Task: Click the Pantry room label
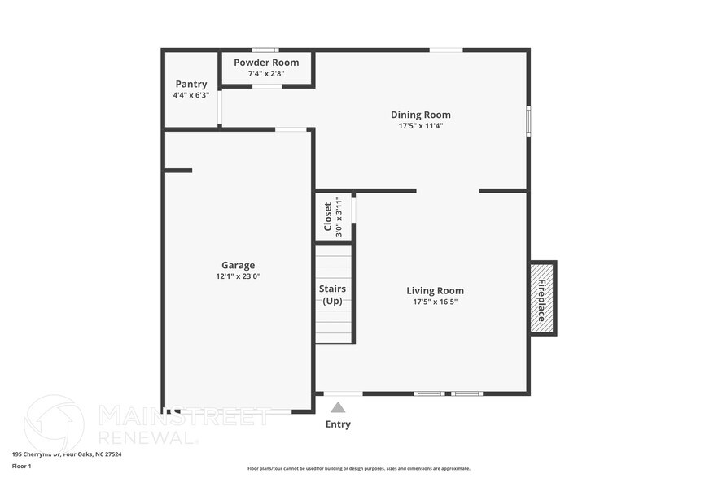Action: pos(191,84)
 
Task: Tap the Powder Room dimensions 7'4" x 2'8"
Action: pos(266,74)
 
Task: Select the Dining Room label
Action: pos(420,115)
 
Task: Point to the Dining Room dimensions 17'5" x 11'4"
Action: pos(420,126)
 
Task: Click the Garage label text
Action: pos(238,265)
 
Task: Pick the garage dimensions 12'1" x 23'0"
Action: pos(238,276)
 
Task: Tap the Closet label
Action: pos(328,216)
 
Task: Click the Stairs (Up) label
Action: pos(332,295)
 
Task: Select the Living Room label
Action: pos(435,290)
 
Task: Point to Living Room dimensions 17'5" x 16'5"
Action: pos(435,302)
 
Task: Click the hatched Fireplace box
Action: pos(542,298)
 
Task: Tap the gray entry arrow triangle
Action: pos(338,407)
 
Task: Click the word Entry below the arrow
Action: pos(338,424)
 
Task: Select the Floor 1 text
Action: pos(22,467)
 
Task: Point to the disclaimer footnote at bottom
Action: pos(358,468)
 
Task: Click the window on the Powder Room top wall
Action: pos(265,50)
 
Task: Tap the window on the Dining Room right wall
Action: pos(528,120)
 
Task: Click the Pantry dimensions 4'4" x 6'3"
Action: pos(191,95)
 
